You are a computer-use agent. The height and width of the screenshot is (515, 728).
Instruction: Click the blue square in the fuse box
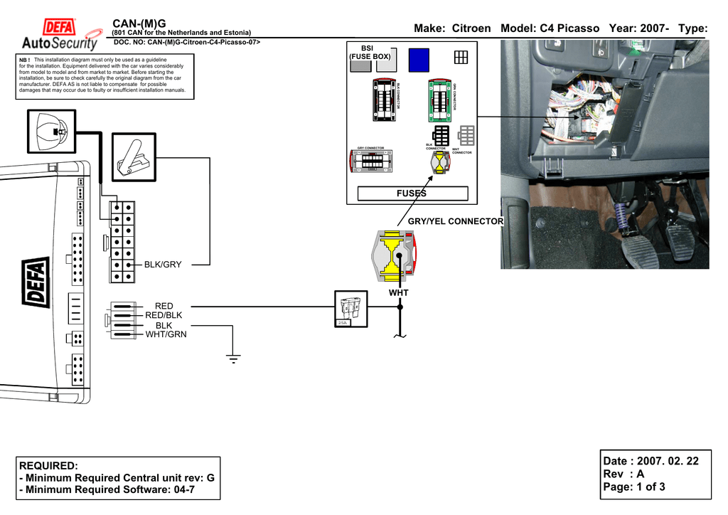pos(419,60)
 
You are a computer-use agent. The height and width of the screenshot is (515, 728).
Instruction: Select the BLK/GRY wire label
pos(163,265)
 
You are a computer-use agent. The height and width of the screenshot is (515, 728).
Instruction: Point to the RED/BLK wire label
pos(164,315)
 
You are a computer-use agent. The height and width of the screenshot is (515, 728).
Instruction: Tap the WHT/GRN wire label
pos(166,334)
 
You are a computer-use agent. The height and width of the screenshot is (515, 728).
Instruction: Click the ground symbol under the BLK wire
pos(233,358)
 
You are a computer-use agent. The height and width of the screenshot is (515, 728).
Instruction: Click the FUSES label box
pos(412,193)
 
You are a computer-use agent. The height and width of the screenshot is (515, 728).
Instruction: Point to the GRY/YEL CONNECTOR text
pos(455,221)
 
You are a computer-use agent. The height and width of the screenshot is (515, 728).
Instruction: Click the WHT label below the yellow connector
pos(398,293)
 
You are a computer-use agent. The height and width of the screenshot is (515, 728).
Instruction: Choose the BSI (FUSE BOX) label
pos(369,52)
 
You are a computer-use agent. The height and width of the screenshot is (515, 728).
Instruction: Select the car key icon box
pos(52,132)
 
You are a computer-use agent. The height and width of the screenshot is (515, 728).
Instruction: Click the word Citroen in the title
pos(471,28)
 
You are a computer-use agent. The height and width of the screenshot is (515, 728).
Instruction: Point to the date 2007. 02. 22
pos(668,462)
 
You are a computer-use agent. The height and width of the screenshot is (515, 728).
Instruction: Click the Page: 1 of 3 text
pos(634,487)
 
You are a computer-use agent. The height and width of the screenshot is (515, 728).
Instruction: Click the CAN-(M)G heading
pos(139,24)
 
